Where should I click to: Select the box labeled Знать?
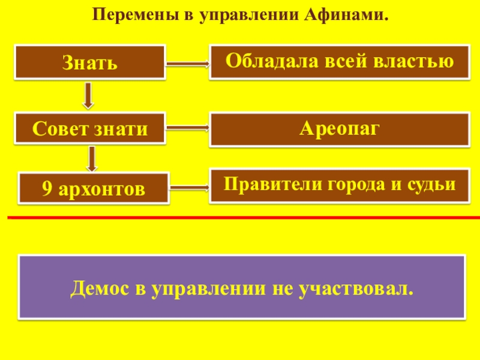click(x=90, y=62)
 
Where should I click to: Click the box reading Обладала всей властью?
click(x=339, y=61)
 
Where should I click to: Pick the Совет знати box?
click(x=90, y=128)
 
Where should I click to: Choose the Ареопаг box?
click(x=339, y=130)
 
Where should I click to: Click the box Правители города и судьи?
click(x=339, y=186)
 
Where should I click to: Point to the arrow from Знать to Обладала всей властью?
click(x=188, y=62)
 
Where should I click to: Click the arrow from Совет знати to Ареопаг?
click(x=188, y=127)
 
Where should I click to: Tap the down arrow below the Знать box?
click(x=89, y=95)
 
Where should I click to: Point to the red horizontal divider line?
click(x=240, y=218)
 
